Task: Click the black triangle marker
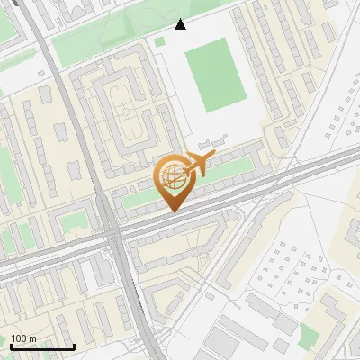tap(181, 24)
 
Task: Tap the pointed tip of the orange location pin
tap(171, 211)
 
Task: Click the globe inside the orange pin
tap(171, 178)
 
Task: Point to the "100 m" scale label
tap(23, 338)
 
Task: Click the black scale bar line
tap(41, 346)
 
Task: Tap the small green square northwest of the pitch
tap(160, 40)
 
